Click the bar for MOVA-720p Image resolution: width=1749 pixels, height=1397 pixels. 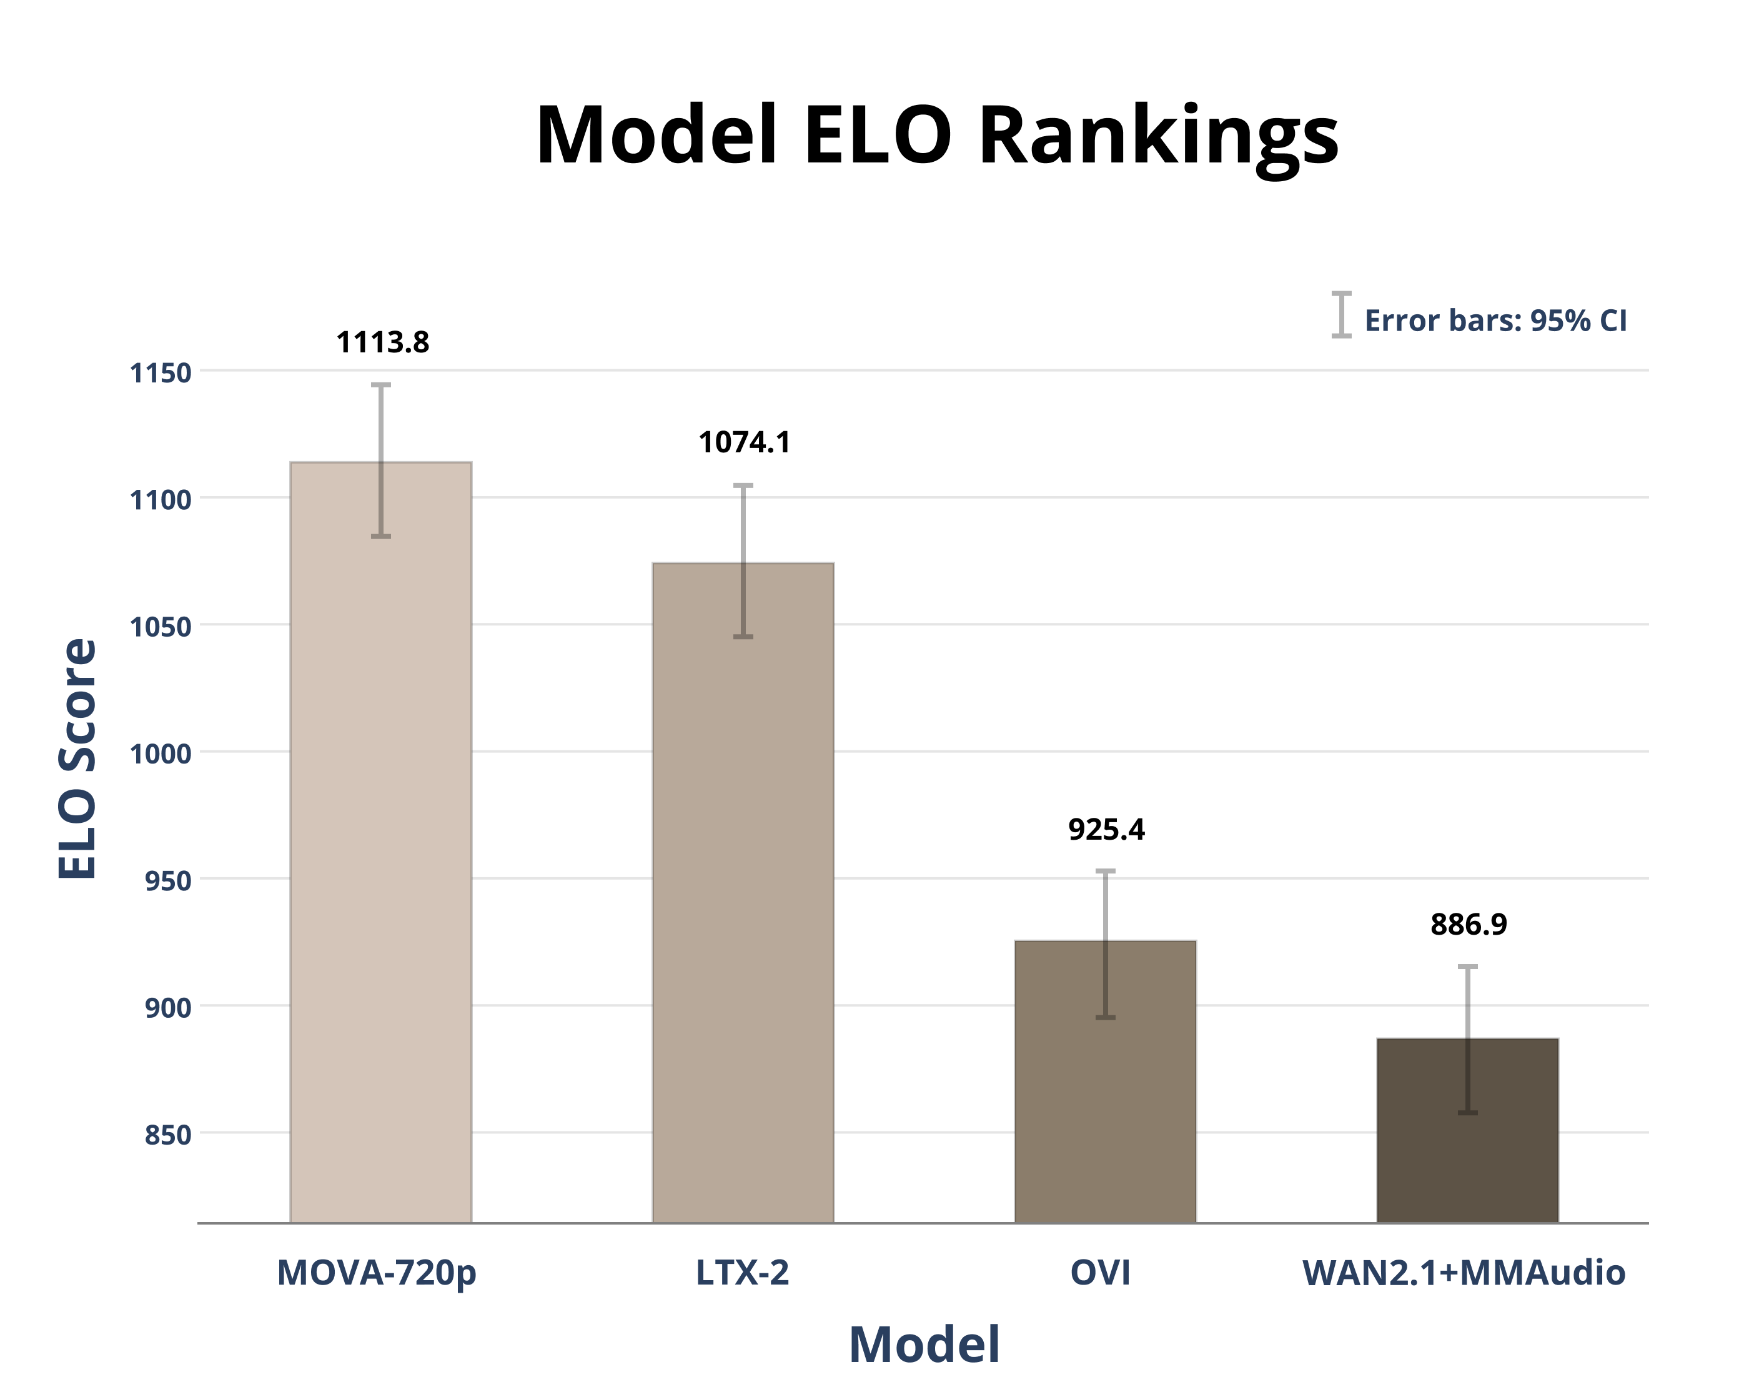point(380,843)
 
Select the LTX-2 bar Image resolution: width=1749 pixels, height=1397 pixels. point(743,892)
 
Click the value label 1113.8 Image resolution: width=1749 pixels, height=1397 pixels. point(382,342)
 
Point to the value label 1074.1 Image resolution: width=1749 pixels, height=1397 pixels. point(744,442)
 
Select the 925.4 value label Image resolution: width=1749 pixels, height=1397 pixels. point(1106,829)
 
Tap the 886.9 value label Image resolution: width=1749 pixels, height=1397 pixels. point(1469,924)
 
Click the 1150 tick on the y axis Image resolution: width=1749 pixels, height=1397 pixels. point(161,373)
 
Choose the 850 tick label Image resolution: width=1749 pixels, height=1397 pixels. point(168,1135)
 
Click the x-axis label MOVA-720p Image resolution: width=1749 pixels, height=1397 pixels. point(377,1272)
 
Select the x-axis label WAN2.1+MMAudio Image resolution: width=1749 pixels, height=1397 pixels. point(1464,1272)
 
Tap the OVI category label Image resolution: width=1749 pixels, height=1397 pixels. point(1100,1272)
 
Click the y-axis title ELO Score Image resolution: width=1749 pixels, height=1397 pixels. point(78,758)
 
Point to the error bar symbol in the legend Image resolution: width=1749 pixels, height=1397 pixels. point(1341,314)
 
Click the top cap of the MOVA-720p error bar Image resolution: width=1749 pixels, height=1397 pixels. point(380,385)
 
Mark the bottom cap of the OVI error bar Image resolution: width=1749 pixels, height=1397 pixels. point(1105,1017)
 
